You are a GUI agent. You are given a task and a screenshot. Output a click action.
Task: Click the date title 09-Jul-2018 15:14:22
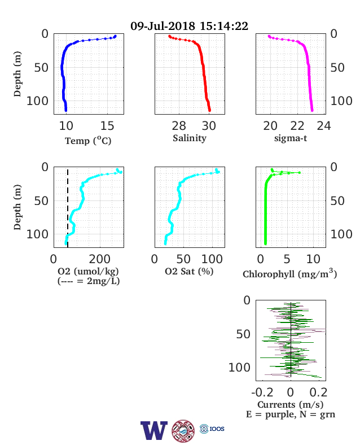point(189,26)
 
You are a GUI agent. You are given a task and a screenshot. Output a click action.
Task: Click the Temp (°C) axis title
point(88,141)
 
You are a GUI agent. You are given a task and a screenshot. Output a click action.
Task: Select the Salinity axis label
point(190,138)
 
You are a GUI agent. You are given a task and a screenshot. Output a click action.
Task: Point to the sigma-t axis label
point(291,138)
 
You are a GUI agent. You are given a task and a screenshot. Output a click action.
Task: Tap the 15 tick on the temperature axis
point(107,126)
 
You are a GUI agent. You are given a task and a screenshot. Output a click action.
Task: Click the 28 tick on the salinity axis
point(179,126)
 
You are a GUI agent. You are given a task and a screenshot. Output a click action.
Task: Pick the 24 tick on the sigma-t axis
point(324,126)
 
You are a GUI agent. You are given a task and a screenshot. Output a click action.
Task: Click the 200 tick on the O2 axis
point(99,259)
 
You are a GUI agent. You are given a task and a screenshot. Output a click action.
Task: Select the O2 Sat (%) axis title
point(189,272)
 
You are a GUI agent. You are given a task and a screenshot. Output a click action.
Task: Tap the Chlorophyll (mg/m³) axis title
point(289,273)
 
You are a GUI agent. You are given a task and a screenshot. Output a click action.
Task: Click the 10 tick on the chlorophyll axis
point(313,259)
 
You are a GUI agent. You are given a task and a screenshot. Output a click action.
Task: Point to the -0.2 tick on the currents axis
point(262,392)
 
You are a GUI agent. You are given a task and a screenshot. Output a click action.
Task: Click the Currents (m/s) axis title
point(290,404)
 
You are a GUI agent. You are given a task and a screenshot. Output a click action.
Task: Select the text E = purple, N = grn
point(291,415)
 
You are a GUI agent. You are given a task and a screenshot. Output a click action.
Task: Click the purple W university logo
point(154,430)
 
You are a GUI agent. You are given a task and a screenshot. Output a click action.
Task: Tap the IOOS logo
point(212,429)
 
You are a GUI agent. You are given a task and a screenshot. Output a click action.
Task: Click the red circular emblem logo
point(183,431)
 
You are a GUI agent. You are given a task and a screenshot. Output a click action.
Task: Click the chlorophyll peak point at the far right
point(299,173)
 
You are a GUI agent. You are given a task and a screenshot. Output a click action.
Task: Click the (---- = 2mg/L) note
point(89,281)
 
